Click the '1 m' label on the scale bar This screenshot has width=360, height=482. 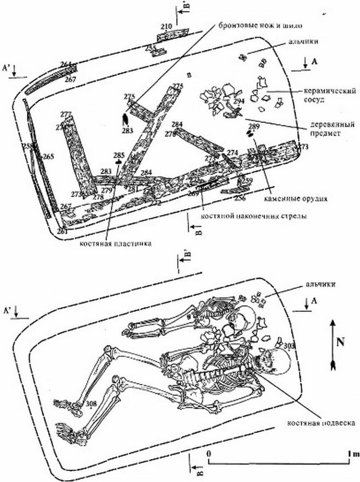[353, 454]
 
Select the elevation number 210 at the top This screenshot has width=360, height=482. [166, 27]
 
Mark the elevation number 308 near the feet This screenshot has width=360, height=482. [91, 404]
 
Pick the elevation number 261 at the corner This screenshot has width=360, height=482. [62, 231]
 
